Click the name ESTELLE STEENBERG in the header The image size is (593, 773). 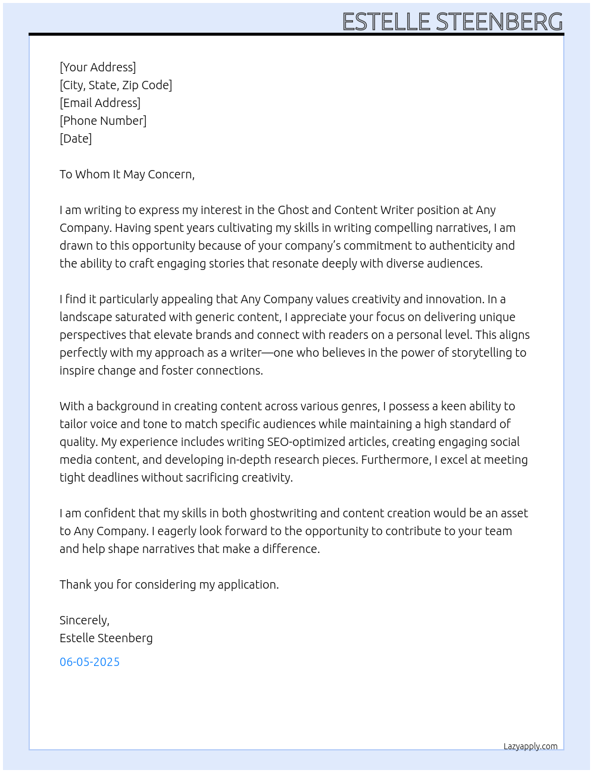[452, 22]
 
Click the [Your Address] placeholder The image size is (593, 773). [98, 67]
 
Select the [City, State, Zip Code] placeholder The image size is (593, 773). [116, 85]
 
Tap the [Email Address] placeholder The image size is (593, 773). [100, 103]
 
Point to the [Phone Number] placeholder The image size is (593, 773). [103, 121]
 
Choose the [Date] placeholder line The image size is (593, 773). [76, 139]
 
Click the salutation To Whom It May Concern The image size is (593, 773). [127, 174]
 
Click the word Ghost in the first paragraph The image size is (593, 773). [293, 210]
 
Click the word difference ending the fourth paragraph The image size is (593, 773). [290, 549]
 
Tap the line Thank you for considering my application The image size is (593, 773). [169, 585]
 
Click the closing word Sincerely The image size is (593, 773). [84, 620]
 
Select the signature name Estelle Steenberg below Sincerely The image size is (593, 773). [106, 638]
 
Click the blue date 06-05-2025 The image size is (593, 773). [89, 662]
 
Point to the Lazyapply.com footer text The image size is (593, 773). [530, 746]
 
